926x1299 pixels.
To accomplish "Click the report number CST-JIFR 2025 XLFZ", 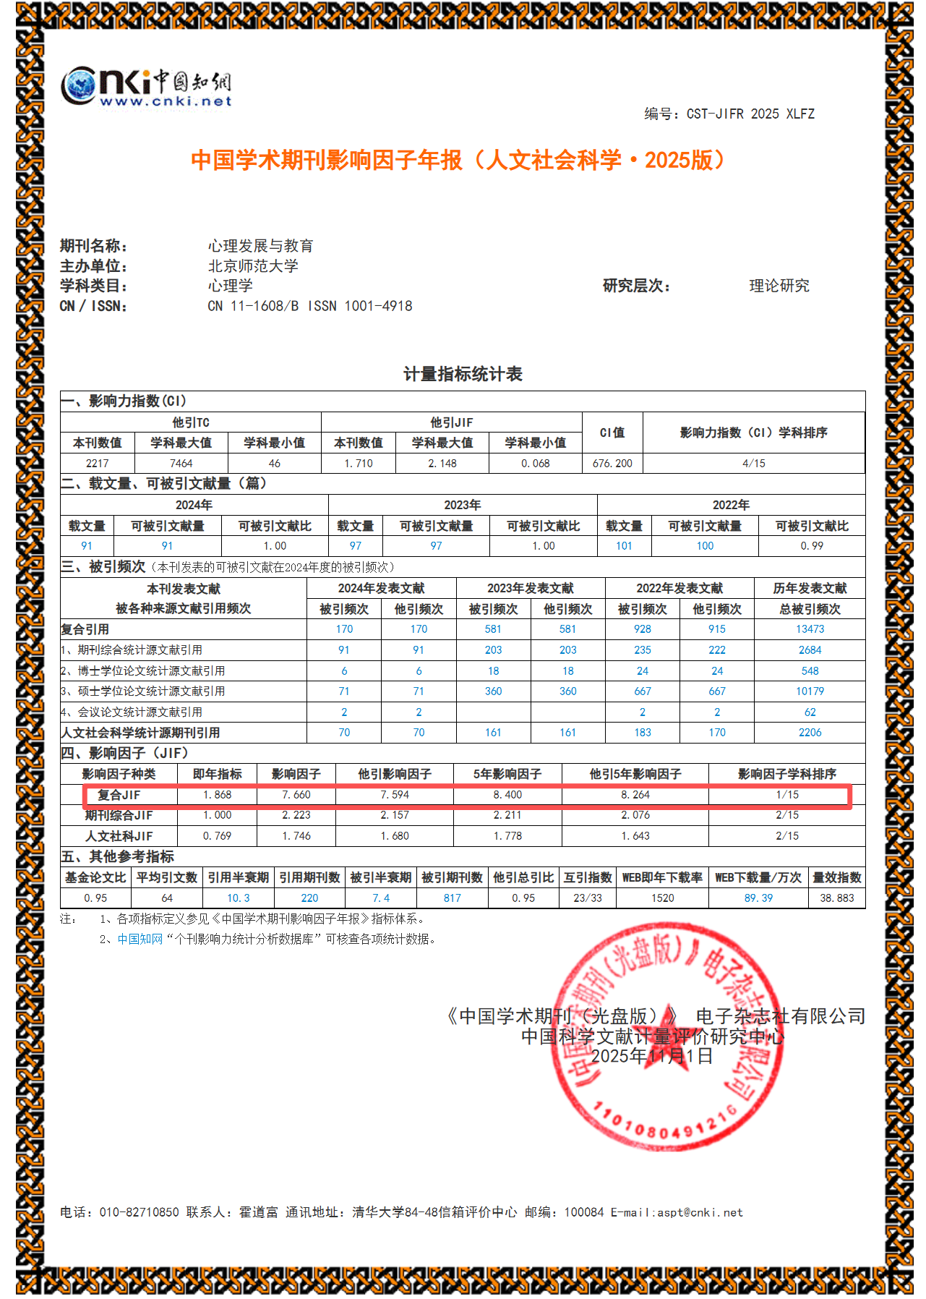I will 750,114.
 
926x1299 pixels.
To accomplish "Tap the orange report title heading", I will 458,160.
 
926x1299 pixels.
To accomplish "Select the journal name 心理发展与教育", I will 260,246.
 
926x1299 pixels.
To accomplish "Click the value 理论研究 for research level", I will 779,286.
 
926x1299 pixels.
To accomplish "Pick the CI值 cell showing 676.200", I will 612,464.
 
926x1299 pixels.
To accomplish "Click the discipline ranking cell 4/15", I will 753,464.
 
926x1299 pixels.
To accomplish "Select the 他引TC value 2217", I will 97,464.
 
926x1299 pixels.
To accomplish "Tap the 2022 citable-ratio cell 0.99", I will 811,546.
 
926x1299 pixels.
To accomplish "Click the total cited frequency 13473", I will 810,629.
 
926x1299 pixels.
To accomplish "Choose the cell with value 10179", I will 810,691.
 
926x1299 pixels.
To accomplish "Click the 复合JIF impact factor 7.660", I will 296,795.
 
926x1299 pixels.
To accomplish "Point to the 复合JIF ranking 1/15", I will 786,795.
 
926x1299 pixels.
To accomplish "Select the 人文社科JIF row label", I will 119,836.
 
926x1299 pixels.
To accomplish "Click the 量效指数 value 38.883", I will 836,898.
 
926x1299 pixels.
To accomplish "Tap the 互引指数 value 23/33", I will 587,898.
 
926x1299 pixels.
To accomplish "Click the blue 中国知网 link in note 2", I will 140,940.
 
